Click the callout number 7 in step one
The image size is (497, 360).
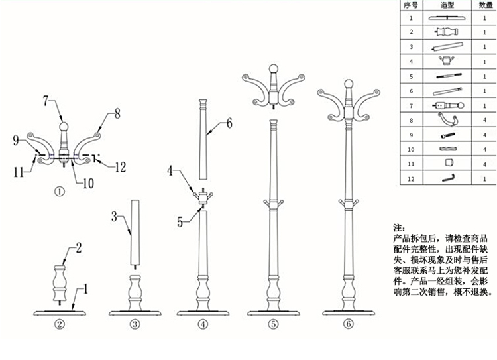pos(47,101)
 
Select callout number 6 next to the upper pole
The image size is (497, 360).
pos(229,123)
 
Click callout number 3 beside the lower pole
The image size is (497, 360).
pos(115,216)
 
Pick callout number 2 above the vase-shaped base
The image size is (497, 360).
pos(78,249)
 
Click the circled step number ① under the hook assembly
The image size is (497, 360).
pos(59,191)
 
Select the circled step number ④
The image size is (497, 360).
pos(202,324)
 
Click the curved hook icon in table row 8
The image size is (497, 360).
pos(445,120)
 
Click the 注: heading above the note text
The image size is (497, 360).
pos(399,226)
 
